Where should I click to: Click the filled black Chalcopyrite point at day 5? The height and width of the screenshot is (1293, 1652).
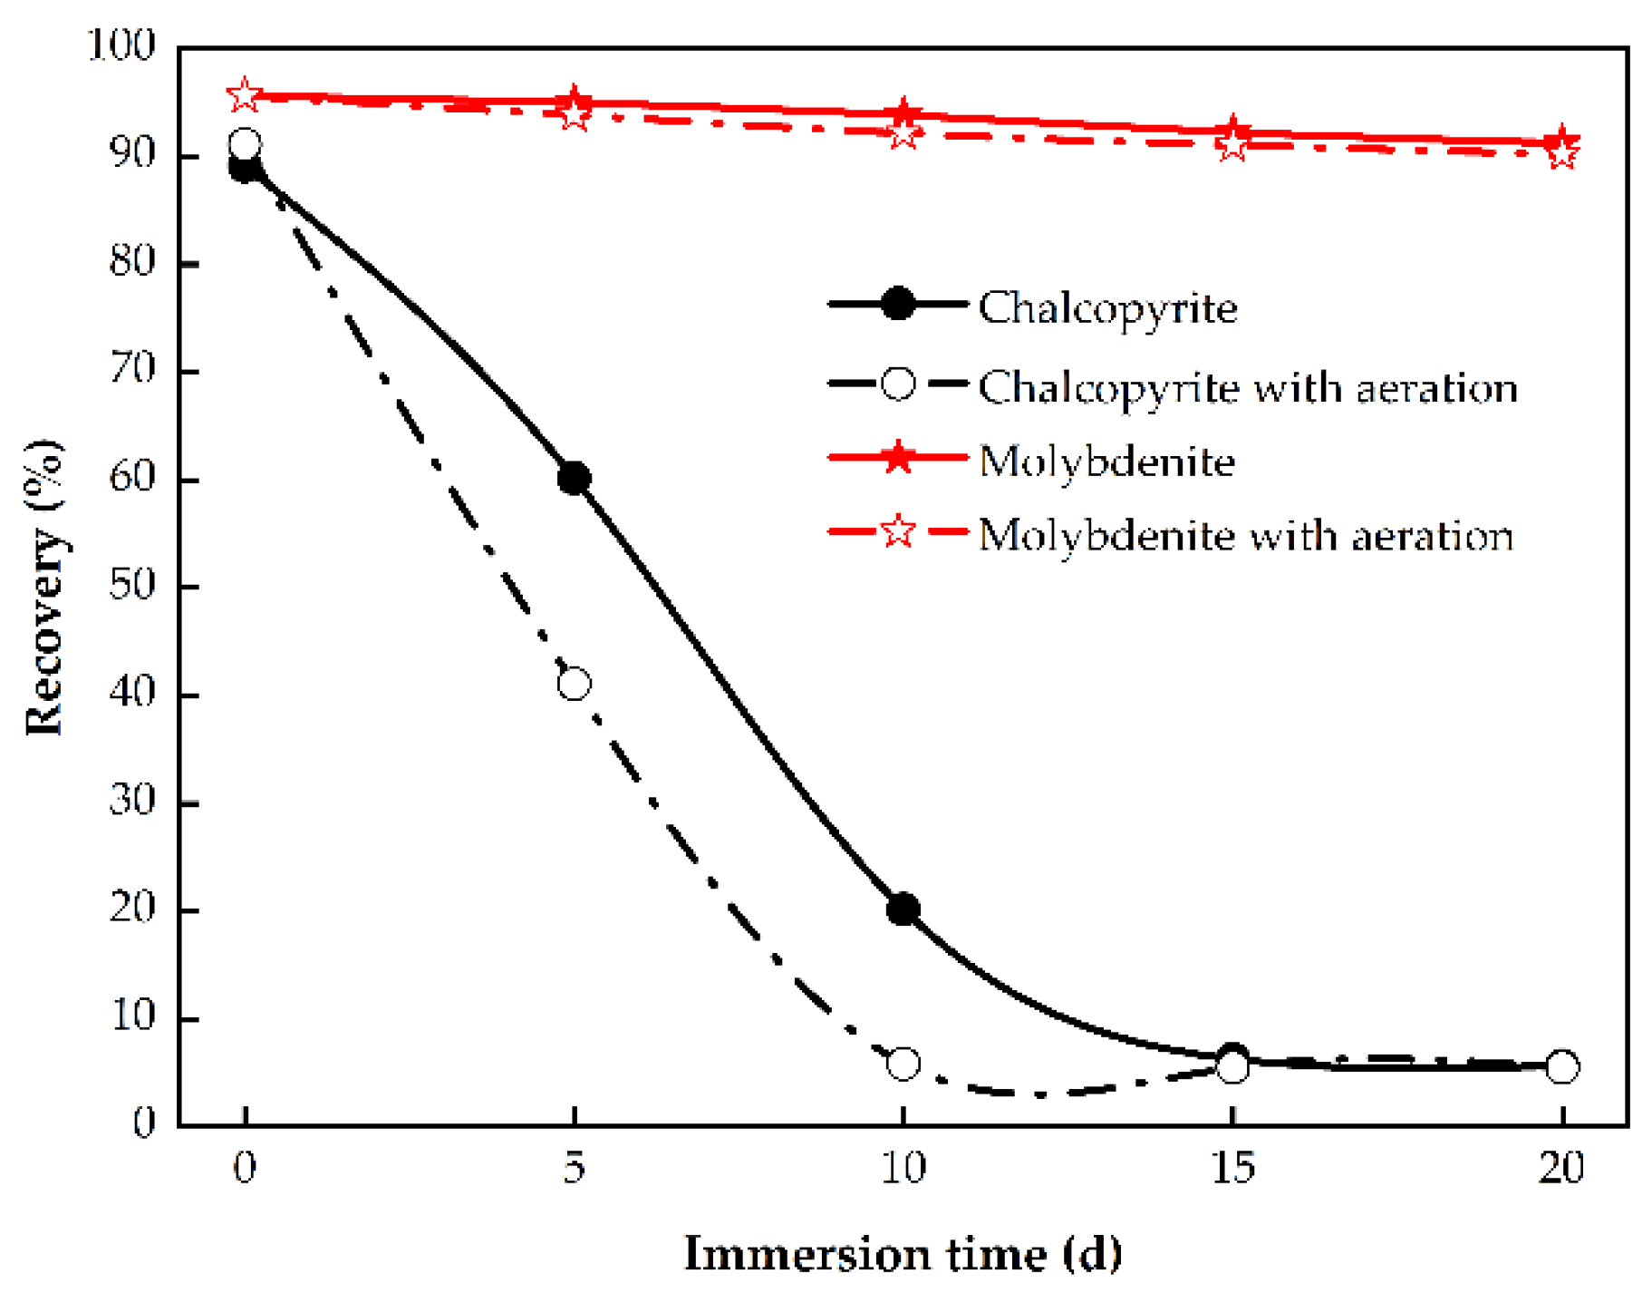(574, 478)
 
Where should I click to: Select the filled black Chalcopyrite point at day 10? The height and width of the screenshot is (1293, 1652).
(903, 909)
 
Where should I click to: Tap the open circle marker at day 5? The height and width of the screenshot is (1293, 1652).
(574, 684)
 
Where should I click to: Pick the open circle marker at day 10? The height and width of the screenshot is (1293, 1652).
(903, 1063)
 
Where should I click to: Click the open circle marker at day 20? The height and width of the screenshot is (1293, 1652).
(1561, 1067)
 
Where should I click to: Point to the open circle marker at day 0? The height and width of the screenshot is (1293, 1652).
(245, 143)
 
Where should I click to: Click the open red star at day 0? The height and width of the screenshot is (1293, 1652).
(244, 94)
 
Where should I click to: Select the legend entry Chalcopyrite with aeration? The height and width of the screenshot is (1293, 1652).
(1247, 387)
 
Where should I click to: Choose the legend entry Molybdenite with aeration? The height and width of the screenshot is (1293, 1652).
(1245, 535)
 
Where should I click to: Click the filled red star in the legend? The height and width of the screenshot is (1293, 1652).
(897, 458)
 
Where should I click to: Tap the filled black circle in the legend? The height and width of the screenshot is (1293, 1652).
(897, 305)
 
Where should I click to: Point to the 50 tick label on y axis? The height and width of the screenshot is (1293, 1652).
(132, 585)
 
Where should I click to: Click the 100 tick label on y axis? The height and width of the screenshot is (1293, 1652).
(121, 45)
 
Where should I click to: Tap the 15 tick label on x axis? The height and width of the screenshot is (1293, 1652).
(1232, 1168)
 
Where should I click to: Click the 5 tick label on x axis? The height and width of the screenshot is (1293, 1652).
(574, 1168)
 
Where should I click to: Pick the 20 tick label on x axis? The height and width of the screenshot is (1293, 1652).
(1560, 1168)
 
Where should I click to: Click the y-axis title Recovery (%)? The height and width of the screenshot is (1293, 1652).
(43, 588)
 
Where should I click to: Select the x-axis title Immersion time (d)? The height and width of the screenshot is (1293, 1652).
(903, 1254)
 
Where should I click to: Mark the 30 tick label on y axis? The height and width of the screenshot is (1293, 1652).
(132, 801)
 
